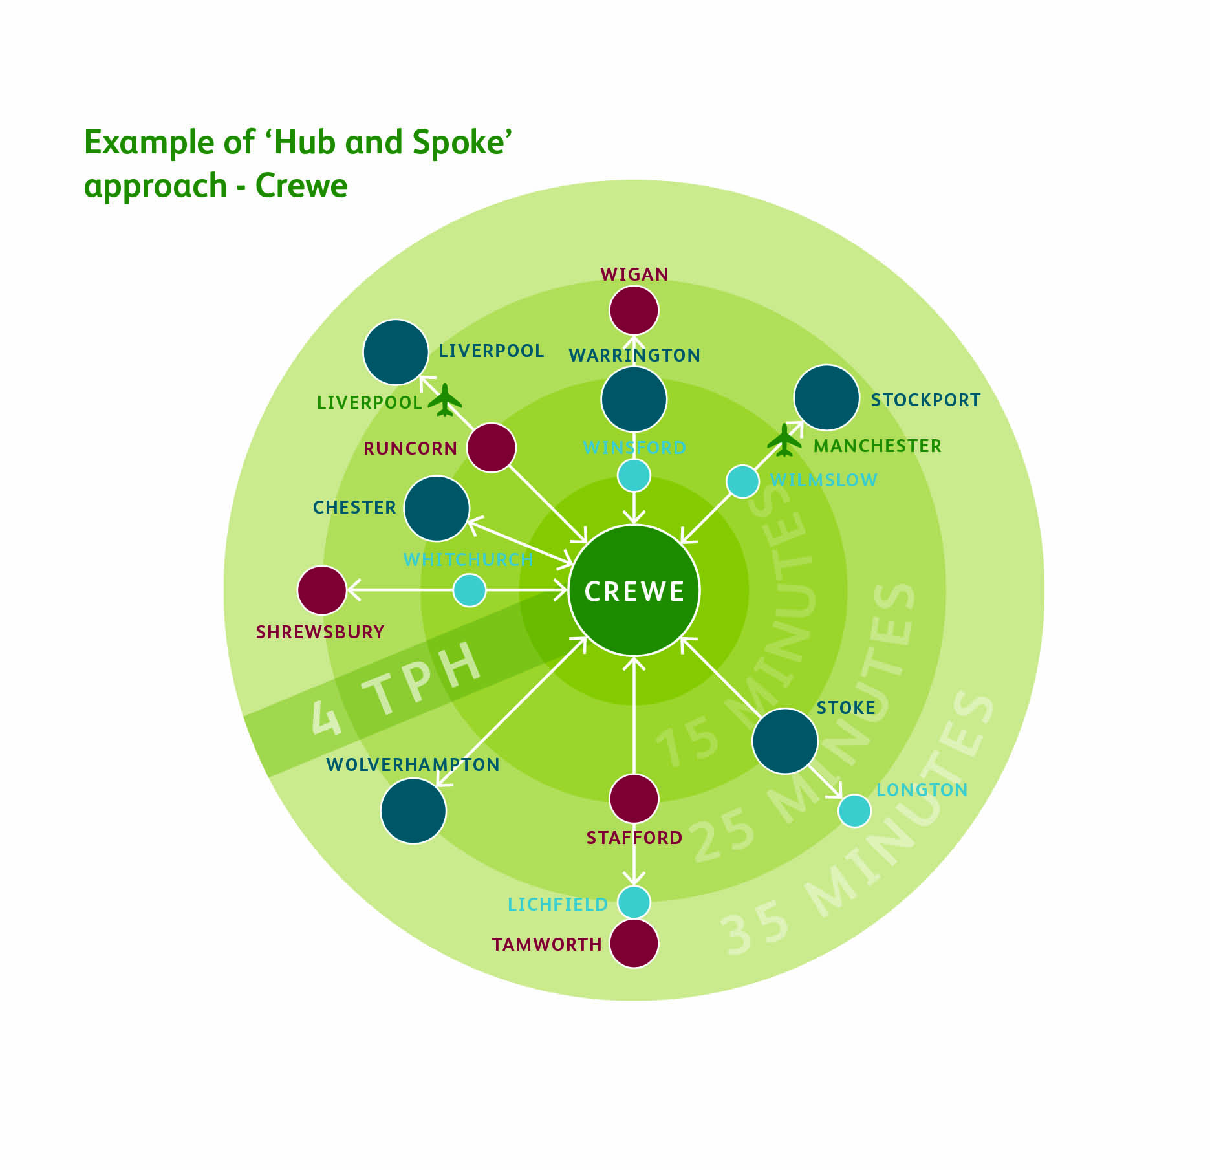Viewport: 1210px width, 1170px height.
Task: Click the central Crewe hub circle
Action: (x=634, y=590)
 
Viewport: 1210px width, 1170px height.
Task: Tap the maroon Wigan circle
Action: (x=634, y=310)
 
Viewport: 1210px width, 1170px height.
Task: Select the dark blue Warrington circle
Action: (x=634, y=399)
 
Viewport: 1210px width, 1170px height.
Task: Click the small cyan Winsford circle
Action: (x=634, y=475)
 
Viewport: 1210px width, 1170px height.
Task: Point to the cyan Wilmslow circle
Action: (x=742, y=481)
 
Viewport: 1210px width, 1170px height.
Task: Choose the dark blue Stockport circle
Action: (x=826, y=398)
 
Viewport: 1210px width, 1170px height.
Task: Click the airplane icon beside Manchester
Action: (x=784, y=440)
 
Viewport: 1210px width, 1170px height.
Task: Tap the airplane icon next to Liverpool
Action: (x=445, y=400)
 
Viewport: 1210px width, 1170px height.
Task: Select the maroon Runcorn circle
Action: (x=492, y=448)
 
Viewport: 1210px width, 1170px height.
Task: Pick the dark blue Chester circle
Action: (x=437, y=508)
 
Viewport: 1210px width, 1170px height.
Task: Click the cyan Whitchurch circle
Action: (x=470, y=590)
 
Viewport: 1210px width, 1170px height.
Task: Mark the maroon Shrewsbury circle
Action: (x=321, y=590)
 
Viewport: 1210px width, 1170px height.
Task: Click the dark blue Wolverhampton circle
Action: (x=413, y=811)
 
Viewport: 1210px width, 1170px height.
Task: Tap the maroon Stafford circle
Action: (x=634, y=799)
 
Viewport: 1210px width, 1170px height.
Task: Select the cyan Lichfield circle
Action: (x=634, y=902)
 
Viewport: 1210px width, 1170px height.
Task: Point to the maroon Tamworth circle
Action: (x=634, y=944)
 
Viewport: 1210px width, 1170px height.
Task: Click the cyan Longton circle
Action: (x=854, y=810)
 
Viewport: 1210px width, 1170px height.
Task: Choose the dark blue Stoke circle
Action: (x=785, y=741)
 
